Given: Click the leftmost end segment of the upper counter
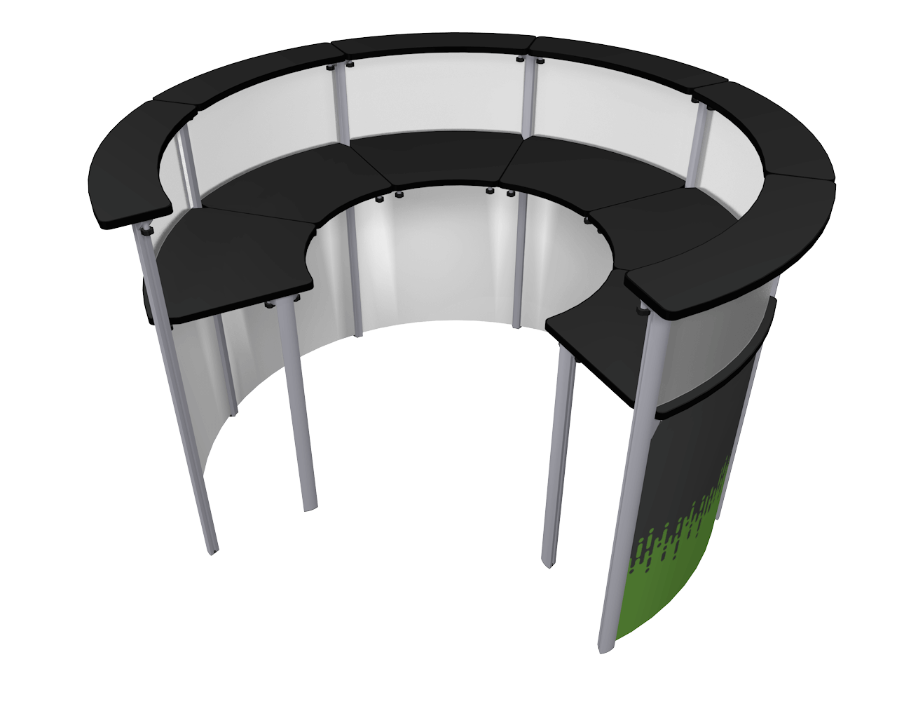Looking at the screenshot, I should (130, 175).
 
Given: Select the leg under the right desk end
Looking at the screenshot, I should (557, 456).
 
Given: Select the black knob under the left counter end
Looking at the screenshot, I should (146, 229).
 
